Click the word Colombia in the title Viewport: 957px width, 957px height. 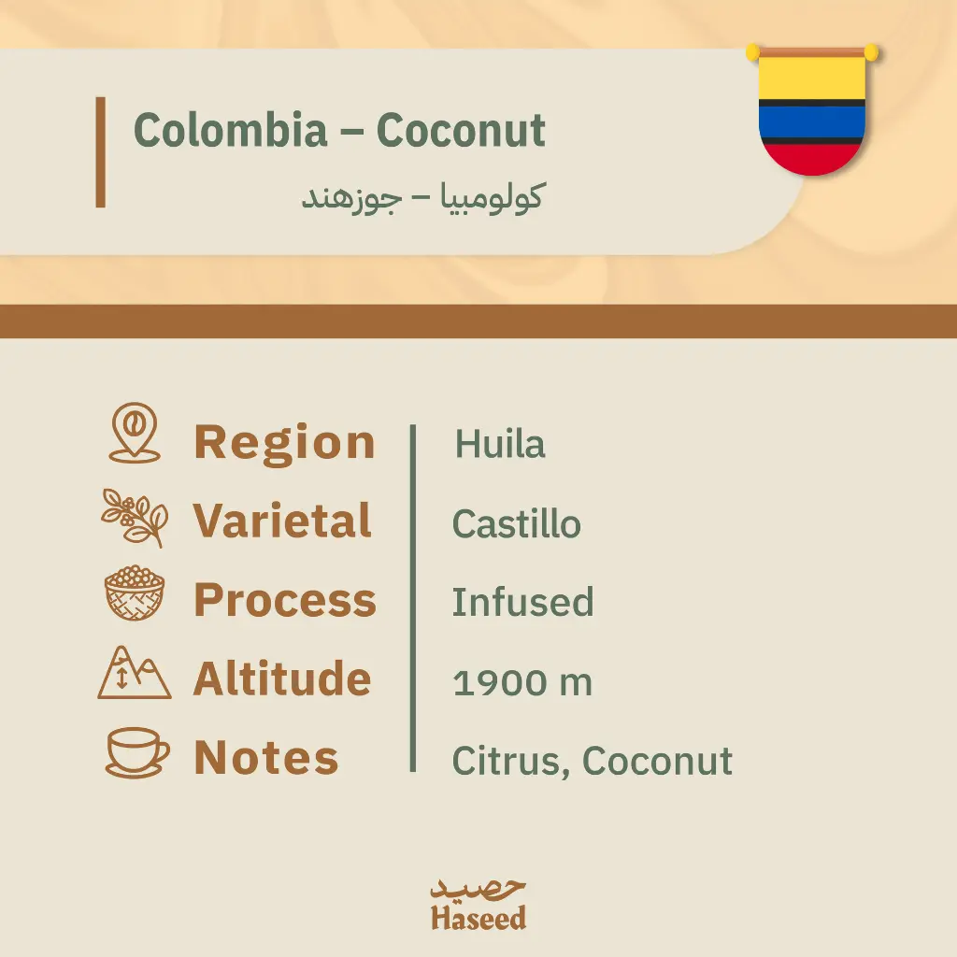pyautogui.click(x=230, y=131)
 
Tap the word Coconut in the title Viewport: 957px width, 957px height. pyautogui.click(x=461, y=131)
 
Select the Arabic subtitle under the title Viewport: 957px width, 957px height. pyautogui.click(x=421, y=197)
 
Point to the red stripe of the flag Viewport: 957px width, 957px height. pyautogui.click(x=812, y=158)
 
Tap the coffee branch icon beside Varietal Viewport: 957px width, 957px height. pyautogui.click(x=135, y=517)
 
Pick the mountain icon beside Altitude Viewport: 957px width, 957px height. pyautogui.click(x=135, y=673)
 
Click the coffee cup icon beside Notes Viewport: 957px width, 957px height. pyautogui.click(x=136, y=752)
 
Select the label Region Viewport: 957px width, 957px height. pyautogui.click(x=284, y=442)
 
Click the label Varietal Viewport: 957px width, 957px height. pyautogui.click(x=282, y=521)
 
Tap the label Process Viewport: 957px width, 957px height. pyautogui.click(x=285, y=600)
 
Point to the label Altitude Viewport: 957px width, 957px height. pyautogui.click(x=282, y=678)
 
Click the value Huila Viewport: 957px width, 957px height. pyautogui.click(x=500, y=444)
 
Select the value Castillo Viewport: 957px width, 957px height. pyautogui.click(x=516, y=523)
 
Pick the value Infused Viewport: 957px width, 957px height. pyautogui.click(x=522, y=602)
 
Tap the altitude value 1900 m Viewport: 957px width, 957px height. pyautogui.click(x=522, y=682)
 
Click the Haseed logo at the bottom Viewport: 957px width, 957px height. pyautogui.click(x=478, y=905)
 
